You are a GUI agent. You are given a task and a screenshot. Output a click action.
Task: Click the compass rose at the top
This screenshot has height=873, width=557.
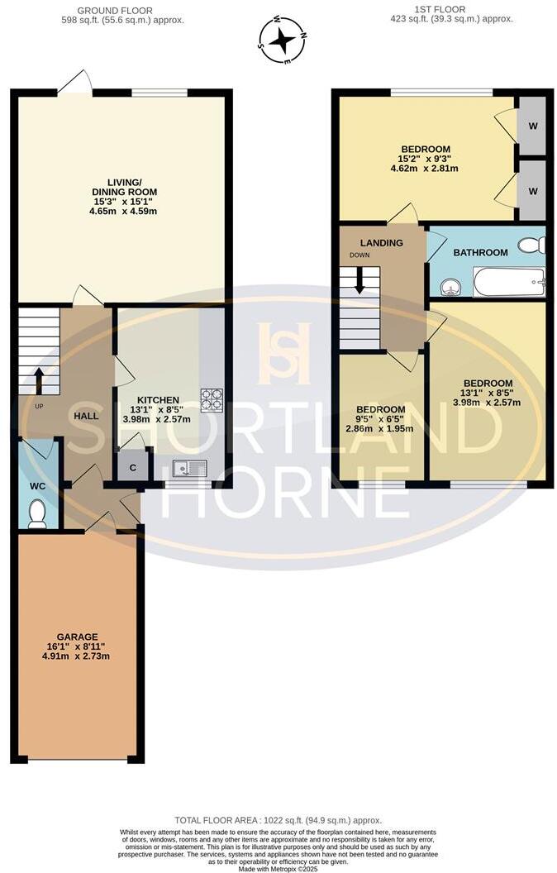(283, 39)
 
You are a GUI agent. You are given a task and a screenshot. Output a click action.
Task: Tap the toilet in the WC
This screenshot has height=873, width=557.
(37, 515)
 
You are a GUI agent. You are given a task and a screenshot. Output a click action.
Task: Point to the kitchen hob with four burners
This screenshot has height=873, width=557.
(212, 399)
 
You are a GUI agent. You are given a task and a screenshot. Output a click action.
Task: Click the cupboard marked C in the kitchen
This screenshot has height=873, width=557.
(133, 466)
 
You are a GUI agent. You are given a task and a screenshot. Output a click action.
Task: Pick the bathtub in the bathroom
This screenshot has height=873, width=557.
(508, 282)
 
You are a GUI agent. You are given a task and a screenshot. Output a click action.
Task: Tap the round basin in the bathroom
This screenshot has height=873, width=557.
(450, 287)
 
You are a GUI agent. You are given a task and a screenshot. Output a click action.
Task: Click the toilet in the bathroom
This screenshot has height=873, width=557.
(531, 245)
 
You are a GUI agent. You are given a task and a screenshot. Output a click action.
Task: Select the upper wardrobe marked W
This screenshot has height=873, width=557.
(533, 126)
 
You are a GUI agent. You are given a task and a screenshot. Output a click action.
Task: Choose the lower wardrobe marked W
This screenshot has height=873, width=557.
(533, 190)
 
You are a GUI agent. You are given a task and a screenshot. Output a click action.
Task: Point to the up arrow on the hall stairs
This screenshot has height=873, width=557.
(39, 379)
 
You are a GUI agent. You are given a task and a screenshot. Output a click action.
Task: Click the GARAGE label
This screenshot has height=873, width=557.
(79, 637)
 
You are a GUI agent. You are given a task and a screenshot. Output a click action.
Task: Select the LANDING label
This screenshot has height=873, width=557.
(381, 243)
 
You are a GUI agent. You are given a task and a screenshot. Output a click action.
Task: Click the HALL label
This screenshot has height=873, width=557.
(86, 416)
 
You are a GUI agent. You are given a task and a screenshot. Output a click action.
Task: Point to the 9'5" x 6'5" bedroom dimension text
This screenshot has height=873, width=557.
(381, 420)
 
